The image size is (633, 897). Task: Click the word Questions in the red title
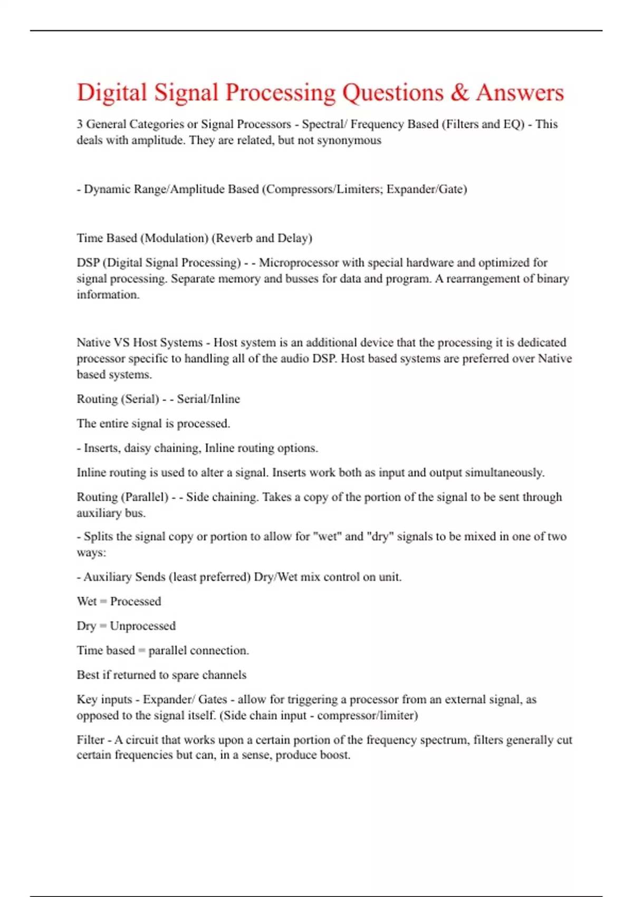(393, 93)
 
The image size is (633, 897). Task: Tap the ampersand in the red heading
(459, 93)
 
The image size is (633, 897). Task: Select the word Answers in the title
(520, 93)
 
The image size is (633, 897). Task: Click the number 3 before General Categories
(80, 124)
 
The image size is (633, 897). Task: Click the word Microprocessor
(298, 263)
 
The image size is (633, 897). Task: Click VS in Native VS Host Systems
(121, 342)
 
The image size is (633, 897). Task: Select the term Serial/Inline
(208, 399)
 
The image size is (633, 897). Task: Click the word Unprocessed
(143, 626)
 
